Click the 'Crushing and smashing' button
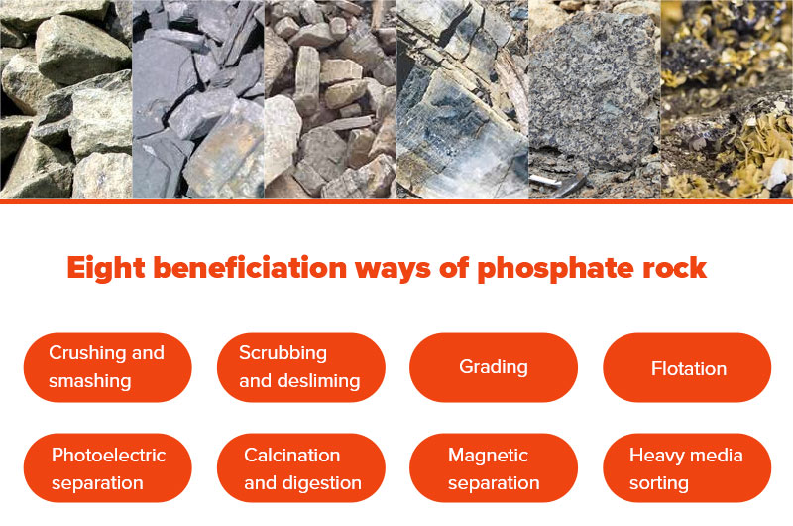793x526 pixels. coord(107,367)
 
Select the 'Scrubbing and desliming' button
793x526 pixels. coord(300,367)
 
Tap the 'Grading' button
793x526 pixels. coord(494,367)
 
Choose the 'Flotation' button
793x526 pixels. coord(688,368)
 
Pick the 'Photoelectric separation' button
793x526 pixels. coord(107,468)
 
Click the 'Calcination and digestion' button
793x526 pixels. coord(300,468)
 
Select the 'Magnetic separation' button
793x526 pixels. coord(494,468)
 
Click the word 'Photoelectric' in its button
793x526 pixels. coord(109,456)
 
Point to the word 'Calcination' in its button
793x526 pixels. coord(292,456)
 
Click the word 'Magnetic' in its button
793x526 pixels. coord(489,456)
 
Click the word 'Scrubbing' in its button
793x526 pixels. coord(283,353)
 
